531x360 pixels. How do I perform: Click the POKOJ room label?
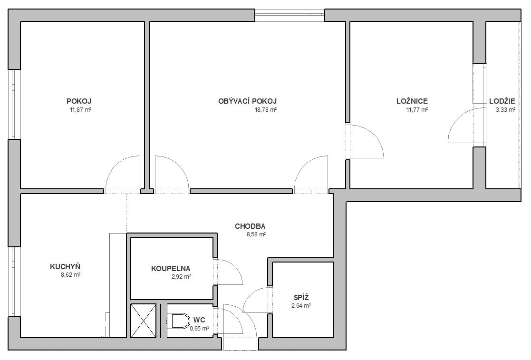[79, 101]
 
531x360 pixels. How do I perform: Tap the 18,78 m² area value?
[266, 109]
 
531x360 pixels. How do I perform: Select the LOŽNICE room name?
[412, 101]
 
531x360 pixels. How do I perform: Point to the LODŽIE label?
[502, 101]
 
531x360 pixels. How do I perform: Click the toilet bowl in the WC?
[179, 321]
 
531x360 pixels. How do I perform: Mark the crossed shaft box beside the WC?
[144, 321]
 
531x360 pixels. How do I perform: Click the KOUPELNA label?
[171, 269]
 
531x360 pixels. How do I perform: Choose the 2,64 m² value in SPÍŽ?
[301, 305]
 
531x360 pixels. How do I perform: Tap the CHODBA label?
[250, 226]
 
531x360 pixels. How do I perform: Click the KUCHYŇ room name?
[65, 266]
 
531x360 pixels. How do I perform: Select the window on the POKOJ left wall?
[14, 104]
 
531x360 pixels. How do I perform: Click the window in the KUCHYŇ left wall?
[14, 282]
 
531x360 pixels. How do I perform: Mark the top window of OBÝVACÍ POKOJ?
[290, 15]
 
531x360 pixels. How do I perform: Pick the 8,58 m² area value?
[256, 234]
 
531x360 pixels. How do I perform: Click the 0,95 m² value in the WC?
[200, 328]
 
